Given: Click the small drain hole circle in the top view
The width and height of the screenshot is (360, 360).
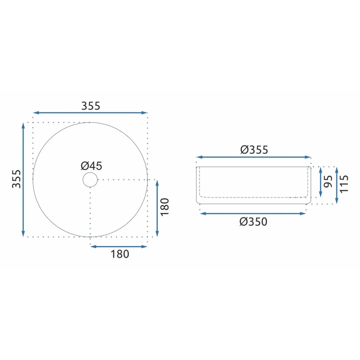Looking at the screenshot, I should tap(90, 180).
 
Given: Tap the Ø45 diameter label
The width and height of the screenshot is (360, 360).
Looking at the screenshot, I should tap(91, 166).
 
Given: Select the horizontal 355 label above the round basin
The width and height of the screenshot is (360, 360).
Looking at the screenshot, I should tap(90, 106).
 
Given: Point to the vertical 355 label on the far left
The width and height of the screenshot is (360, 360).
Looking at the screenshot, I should tap(16, 179).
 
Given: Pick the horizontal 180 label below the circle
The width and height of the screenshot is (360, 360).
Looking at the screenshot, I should tap(120, 254).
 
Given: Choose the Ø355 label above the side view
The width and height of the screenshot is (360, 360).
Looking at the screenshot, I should tap(254, 150).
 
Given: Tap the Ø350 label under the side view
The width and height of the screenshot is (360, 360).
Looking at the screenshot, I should tap(253, 221).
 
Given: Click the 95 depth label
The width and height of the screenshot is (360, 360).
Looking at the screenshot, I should tap(328, 181).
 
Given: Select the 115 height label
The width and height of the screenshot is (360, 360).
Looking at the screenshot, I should tap(344, 185).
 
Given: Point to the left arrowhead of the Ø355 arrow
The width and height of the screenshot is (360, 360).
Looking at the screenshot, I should tap(199, 157).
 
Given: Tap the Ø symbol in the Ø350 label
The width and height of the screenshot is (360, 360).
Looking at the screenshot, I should tap(243, 221).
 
